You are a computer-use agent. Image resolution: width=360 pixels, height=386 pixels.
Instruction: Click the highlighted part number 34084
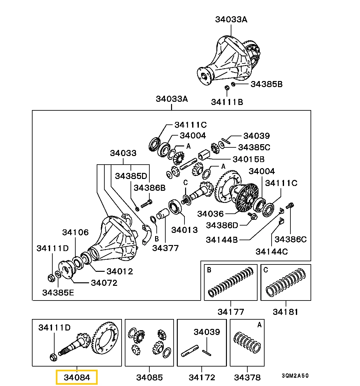(x=77, y=377)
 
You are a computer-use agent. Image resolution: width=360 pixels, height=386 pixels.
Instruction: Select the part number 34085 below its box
(x=149, y=377)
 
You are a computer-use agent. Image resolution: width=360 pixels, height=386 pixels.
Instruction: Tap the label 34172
(x=202, y=377)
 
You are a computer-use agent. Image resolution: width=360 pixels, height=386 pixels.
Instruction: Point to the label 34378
(x=247, y=377)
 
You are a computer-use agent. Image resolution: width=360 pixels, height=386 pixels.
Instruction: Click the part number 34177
(x=231, y=311)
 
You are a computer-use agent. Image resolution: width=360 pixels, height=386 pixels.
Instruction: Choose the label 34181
(x=286, y=311)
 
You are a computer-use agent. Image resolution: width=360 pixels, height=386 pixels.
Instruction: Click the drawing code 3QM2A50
(x=295, y=376)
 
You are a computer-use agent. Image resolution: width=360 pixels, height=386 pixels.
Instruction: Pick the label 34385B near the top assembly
(x=266, y=84)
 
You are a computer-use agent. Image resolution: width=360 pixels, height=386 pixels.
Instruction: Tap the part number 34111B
(x=227, y=102)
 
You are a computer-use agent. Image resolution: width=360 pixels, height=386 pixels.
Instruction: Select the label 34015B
(x=249, y=159)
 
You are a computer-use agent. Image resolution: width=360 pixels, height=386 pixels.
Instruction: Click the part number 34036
(x=210, y=213)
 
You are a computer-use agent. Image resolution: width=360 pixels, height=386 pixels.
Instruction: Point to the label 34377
(x=165, y=248)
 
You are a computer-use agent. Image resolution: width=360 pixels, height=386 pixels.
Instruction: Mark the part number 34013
(x=184, y=230)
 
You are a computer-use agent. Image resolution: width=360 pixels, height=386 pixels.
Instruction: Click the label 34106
(x=75, y=232)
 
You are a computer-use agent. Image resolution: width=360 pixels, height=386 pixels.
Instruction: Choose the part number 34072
(x=104, y=283)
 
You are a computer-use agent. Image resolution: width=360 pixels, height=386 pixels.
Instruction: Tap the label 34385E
(x=58, y=292)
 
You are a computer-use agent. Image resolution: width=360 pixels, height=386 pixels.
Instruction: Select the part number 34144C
(x=272, y=251)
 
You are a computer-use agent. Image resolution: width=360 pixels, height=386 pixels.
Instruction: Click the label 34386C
(x=290, y=239)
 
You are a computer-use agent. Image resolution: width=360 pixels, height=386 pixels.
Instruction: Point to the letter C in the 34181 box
(x=266, y=270)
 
